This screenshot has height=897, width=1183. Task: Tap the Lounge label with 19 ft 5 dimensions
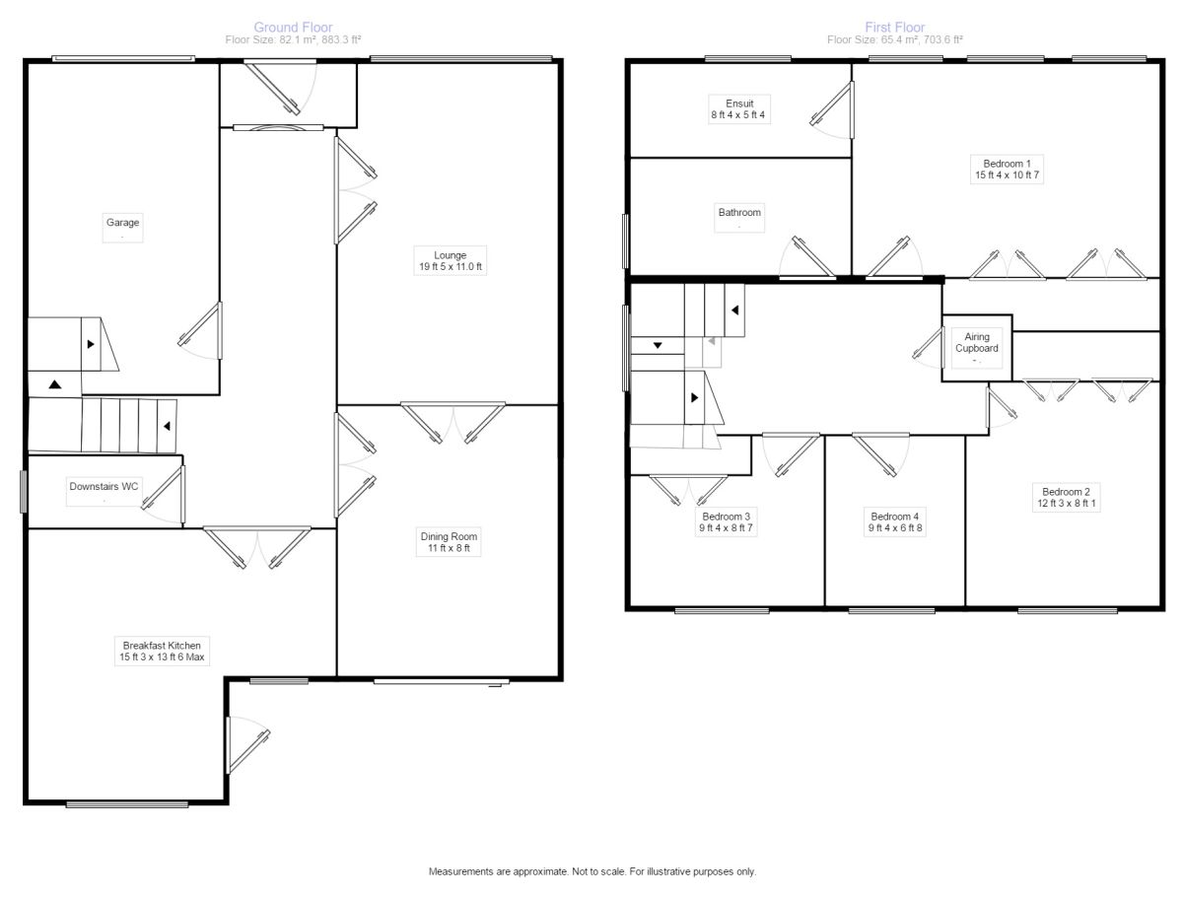click(450, 261)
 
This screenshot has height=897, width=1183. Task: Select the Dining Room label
click(449, 542)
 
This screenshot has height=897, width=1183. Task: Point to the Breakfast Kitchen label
click(162, 651)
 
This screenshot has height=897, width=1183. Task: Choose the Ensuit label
click(739, 108)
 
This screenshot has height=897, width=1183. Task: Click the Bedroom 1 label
click(1007, 170)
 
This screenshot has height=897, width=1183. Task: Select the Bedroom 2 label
click(1066, 497)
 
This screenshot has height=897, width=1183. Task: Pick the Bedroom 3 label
click(726, 522)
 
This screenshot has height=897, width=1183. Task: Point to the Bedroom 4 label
click(895, 522)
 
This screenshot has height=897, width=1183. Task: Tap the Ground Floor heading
click(293, 27)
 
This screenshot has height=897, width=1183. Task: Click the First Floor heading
click(895, 27)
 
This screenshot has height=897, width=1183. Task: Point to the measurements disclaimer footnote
click(591, 871)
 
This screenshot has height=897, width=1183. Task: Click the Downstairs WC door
click(164, 494)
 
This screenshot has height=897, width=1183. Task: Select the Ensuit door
click(832, 109)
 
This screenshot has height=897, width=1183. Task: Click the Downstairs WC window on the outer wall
click(24, 491)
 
